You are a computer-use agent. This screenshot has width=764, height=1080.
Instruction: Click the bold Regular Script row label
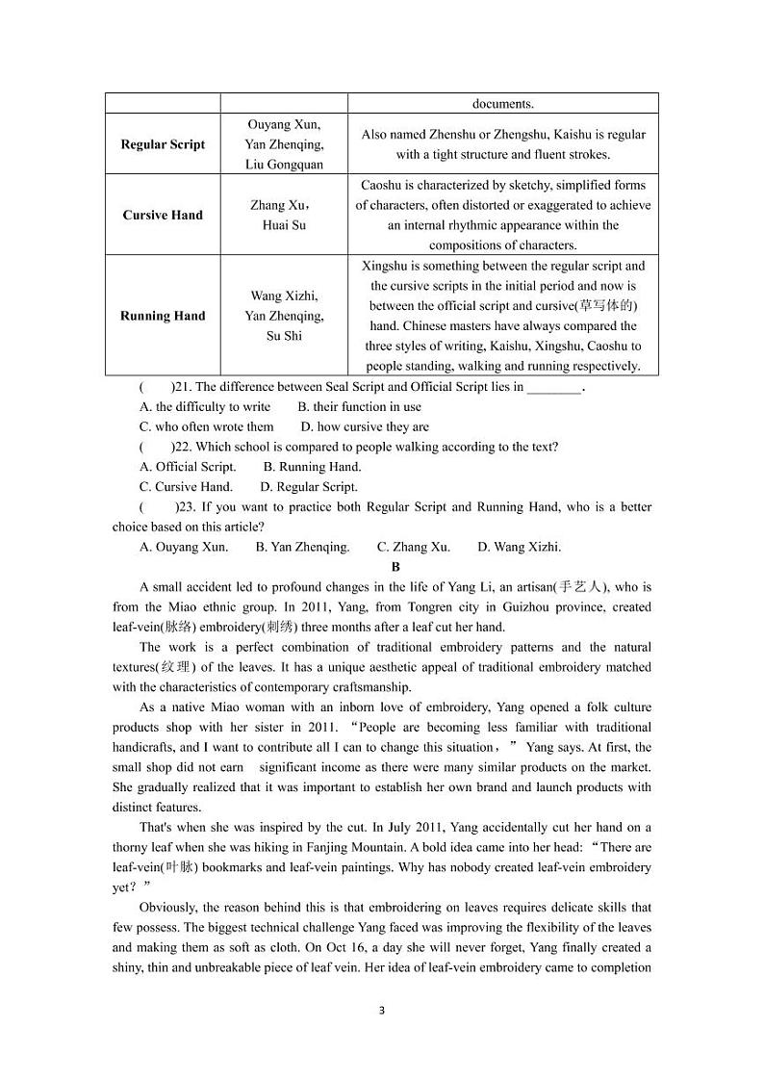pos(163,144)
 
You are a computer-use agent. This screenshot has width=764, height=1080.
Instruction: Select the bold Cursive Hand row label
pos(163,215)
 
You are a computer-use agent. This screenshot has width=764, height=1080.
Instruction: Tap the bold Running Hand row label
pos(163,316)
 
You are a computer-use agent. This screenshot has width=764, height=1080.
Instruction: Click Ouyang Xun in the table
pos(284,125)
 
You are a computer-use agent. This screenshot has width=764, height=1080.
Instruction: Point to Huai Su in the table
pos(284,225)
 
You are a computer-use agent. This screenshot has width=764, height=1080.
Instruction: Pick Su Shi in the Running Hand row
pos(284,336)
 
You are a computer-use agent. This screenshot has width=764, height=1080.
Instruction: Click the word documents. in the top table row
pos(502,104)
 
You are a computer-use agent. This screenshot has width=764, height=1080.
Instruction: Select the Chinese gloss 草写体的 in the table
pos(607,306)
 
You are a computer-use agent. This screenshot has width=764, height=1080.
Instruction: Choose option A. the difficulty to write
pos(205,407)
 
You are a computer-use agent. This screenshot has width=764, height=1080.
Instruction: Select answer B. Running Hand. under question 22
pos(313,467)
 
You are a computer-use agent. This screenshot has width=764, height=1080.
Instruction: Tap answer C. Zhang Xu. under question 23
pos(414,547)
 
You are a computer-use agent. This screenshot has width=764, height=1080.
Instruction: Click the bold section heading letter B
pos(395,567)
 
